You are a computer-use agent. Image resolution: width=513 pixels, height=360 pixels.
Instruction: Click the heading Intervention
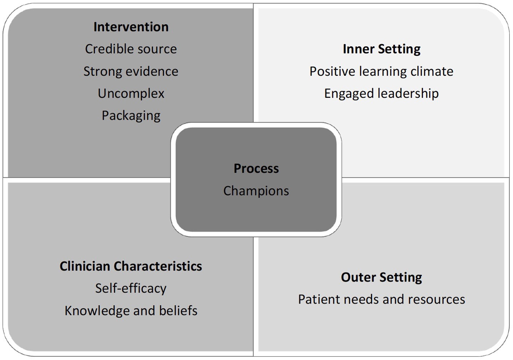131,27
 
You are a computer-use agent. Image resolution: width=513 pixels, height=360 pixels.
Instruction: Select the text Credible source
131,49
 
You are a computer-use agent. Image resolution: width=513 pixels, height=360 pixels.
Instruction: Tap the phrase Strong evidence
131,71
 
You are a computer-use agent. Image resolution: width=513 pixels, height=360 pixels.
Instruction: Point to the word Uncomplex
131,93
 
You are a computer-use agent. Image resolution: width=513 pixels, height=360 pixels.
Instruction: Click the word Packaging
131,116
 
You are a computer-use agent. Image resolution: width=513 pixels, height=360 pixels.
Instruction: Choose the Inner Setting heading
381,49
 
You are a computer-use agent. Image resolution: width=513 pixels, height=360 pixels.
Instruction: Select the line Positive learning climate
381,71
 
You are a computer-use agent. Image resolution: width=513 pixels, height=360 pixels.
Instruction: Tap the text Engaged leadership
381,93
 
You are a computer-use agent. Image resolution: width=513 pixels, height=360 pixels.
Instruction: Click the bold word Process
256,168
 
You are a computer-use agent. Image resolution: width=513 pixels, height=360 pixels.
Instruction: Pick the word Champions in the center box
256,191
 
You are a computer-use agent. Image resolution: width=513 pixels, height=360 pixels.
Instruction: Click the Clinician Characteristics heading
131,266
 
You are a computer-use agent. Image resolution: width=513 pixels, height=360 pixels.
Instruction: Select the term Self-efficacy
131,288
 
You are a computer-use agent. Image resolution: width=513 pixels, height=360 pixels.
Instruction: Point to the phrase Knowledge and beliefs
131,311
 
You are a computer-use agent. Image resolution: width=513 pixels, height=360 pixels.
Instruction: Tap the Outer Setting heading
381,277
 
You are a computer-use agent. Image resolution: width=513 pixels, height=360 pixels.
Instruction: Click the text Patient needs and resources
381,300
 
